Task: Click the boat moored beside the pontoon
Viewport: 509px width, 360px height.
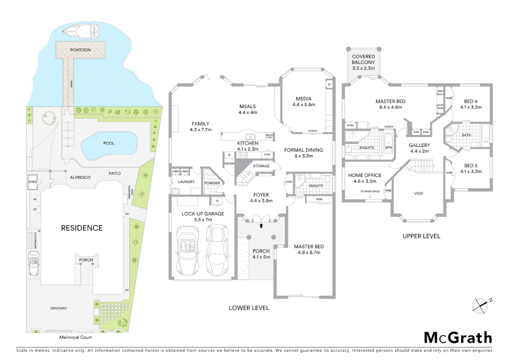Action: click(x=81, y=31)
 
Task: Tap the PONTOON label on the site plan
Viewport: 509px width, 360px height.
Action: click(x=80, y=50)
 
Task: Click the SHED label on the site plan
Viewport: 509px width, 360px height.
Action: click(x=33, y=182)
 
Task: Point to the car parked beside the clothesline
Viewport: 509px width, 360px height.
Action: click(x=34, y=263)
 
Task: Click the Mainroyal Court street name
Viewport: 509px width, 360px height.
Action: click(x=76, y=337)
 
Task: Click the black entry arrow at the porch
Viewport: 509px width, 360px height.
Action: click(x=261, y=226)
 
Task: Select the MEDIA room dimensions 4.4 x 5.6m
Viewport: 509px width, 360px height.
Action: click(x=304, y=105)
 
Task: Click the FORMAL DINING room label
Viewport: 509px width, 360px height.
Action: click(x=303, y=150)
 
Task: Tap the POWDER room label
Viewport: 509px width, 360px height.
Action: click(x=212, y=183)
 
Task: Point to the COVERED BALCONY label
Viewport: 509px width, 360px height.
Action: click(x=363, y=59)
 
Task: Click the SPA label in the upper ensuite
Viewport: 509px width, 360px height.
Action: click(x=388, y=147)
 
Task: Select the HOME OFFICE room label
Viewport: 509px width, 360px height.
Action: click(x=365, y=175)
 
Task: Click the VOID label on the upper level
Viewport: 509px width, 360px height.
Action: click(x=418, y=193)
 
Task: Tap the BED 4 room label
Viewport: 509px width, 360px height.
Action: click(x=471, y=101)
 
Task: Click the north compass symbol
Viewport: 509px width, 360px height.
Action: click(x=480, y=306)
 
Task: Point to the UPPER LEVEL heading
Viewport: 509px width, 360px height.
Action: click(x=421, y=236)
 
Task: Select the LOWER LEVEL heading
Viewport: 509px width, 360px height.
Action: click(x=249, y=308)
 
